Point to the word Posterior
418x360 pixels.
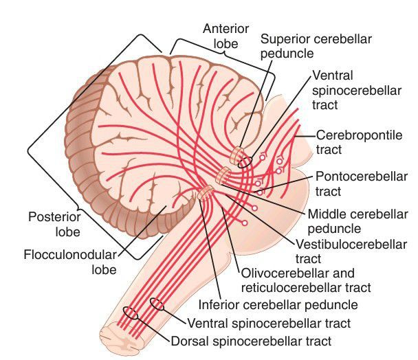(x=50, y=217)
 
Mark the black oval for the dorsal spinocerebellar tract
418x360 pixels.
(x=129, y=313)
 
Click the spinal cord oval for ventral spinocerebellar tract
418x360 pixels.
(x=157, y=304)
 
